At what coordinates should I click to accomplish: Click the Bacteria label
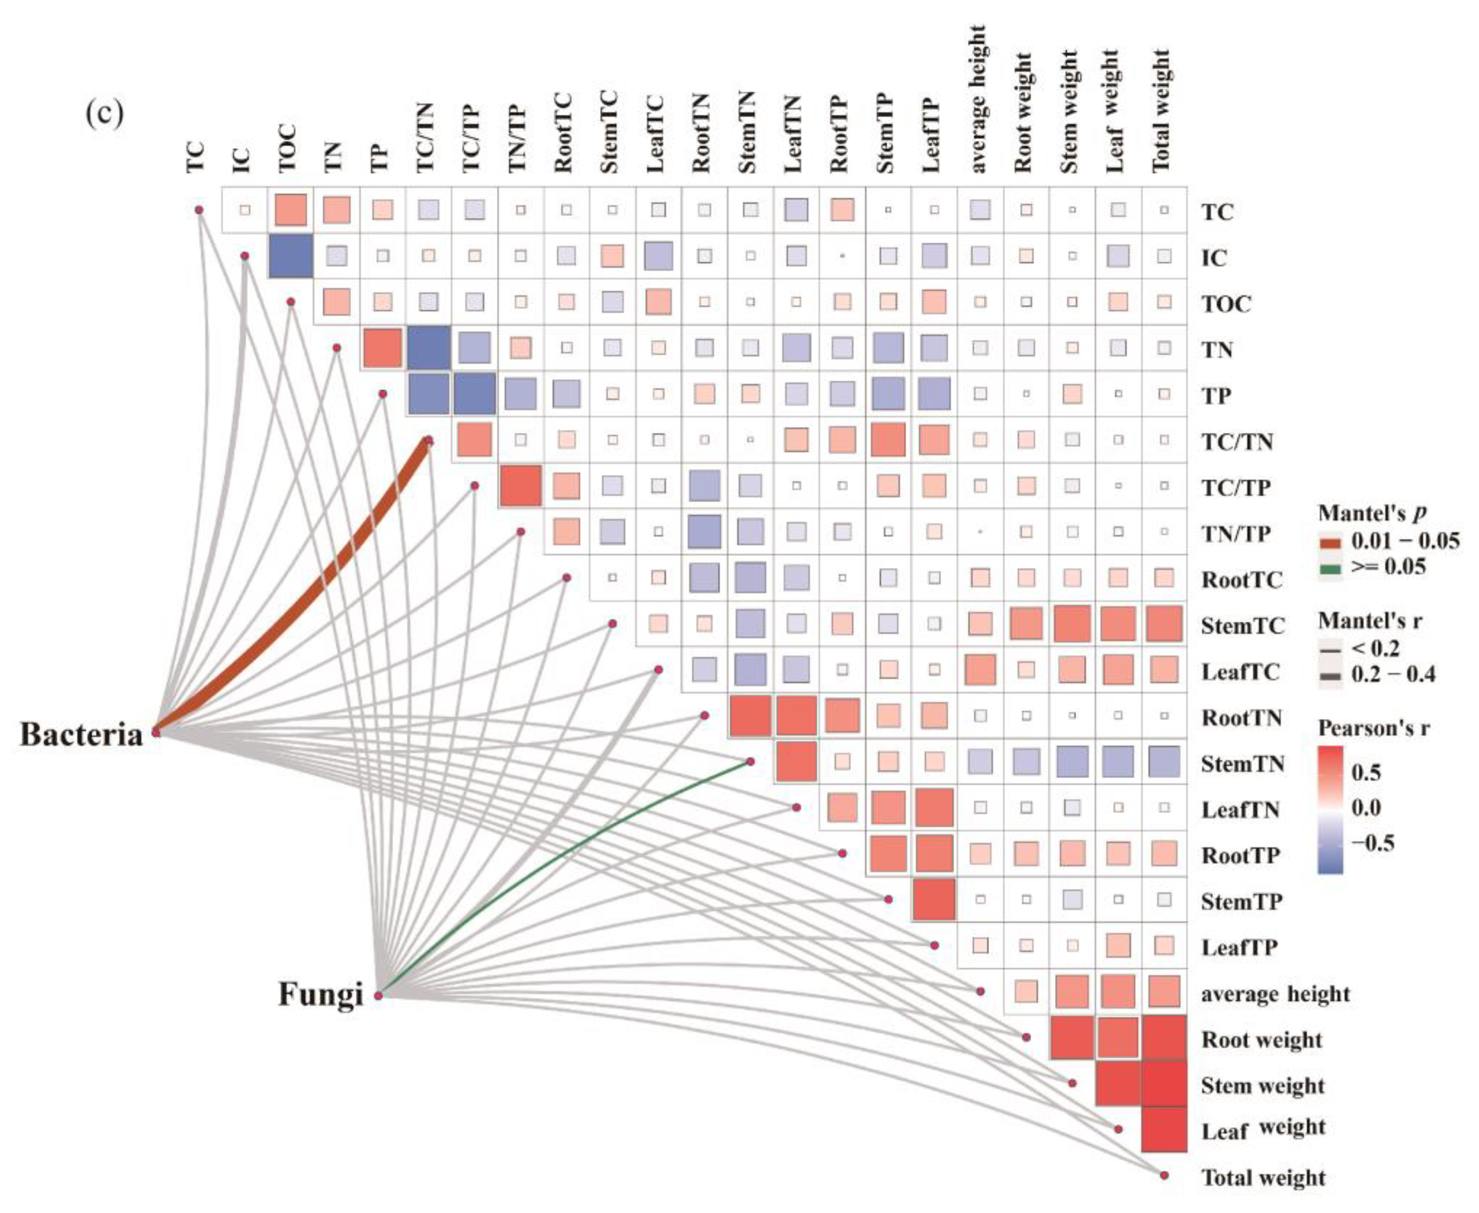[81, 734]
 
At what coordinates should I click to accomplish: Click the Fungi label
[321, 994]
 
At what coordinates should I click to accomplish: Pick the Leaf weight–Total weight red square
[1164, 1128]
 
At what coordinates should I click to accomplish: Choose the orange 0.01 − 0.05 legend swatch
[1330, 542]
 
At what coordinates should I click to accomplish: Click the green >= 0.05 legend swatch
[1330, 567]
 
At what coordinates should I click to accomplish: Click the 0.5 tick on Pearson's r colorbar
[1366, 772]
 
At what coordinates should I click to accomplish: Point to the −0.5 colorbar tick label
[1372, 843]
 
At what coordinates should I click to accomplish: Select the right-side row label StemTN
[1242, 764]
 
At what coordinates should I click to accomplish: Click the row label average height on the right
[1275, 994]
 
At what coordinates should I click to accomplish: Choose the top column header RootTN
[702, 133]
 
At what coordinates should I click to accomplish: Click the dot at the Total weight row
[1164, 1175]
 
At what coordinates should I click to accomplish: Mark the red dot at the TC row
[199, 210]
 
